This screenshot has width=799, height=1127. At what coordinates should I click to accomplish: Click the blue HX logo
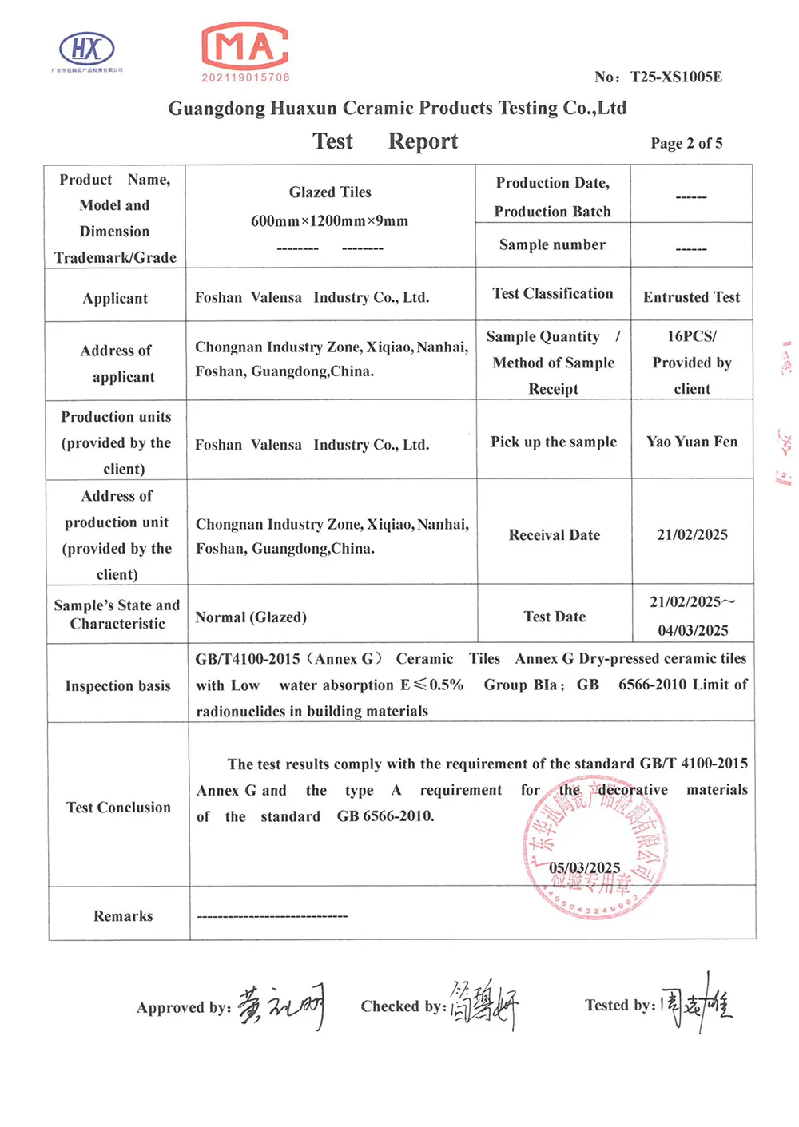click(x=87, y=50)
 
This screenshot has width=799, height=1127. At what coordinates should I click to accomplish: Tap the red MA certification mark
click(x=245, y=47)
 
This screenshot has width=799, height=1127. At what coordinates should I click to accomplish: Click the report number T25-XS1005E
click(x=676, y=77)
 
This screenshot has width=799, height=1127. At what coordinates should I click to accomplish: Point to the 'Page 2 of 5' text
click(x=686, y=143)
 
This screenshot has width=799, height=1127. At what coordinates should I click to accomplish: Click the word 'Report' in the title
click(x=423, y=141)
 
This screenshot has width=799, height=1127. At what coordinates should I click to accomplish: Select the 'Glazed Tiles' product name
click(x=330, y=192)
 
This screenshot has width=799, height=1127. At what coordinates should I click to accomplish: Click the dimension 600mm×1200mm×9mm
click(x=329, y=221)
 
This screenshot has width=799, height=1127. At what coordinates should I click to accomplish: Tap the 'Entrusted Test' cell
click(x=691, y=297)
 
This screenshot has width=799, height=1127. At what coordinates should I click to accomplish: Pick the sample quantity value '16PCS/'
click(x=692, y=336)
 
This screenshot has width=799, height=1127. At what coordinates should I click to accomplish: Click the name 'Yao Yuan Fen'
click(x=692, y=442)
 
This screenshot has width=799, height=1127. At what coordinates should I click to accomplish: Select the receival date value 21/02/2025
click(x=692, y=535)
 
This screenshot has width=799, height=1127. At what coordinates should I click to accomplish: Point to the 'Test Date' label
click(x=555, y=617)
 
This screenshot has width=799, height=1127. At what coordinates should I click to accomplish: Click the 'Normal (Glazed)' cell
click(x=251, y=617)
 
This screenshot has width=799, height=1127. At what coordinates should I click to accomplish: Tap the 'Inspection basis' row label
click(x=117, y=686)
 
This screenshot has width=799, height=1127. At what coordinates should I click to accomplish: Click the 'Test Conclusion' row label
click(x=118, y=808)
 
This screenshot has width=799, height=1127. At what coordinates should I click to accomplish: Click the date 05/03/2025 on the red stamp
click(x=584, y=868)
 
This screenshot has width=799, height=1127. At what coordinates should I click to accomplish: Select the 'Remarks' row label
click(x=123, y=916)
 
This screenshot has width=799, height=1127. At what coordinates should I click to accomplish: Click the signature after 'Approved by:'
click(x=281, y=1005)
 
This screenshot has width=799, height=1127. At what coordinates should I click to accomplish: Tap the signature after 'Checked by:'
click(x=483, y=1005)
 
